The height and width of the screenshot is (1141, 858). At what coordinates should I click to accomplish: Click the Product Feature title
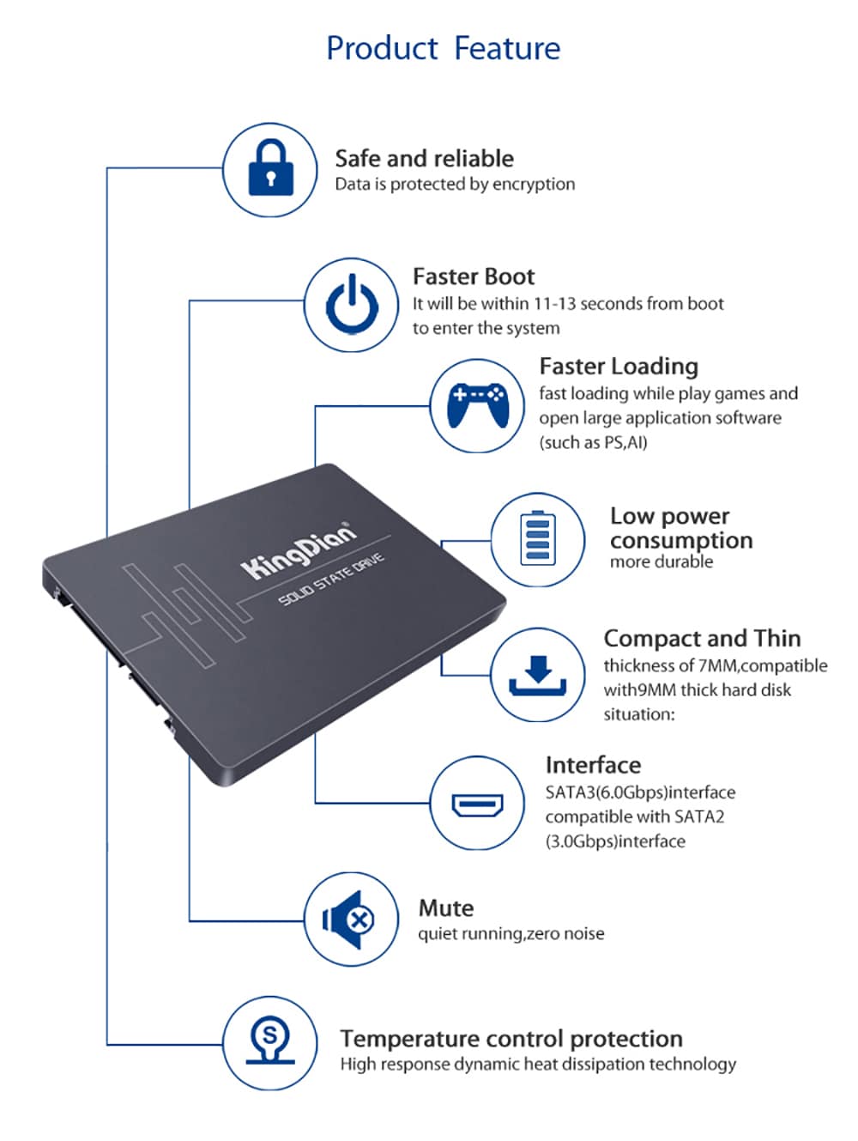coord(443,48)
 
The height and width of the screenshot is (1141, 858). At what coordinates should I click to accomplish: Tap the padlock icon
coord(270,168)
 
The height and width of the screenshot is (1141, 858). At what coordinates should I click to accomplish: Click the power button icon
coord(351,305)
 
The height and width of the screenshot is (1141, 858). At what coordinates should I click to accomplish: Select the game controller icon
coord(477,405)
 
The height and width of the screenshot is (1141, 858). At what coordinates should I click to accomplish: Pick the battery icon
coord(537,539)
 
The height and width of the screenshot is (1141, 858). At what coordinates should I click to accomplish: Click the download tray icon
coord(537,675)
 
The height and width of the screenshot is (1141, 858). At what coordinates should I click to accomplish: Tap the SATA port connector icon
coord(476,804)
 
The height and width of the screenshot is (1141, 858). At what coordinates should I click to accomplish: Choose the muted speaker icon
coord(350,920)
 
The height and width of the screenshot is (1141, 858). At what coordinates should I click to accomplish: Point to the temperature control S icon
coord(270,1043)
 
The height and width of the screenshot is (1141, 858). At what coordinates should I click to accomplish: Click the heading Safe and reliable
coord(424,158)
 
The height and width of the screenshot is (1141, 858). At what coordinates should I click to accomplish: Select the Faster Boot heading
coord(473,276)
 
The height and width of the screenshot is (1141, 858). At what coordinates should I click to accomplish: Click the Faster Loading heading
coord(618,367)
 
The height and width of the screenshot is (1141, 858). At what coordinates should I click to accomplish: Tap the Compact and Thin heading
coord(701,639)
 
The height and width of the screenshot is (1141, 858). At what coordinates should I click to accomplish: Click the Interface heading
coord(593,765)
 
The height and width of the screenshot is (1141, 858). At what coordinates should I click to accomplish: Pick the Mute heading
coord(445,908)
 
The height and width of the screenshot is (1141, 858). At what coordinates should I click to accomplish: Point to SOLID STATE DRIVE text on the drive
coord(331,580)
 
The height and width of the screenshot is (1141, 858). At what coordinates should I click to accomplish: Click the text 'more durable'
coord(661,562)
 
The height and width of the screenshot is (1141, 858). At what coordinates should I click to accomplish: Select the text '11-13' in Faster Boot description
coord(554,304)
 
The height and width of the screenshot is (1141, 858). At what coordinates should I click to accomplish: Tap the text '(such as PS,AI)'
coord(593,443)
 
